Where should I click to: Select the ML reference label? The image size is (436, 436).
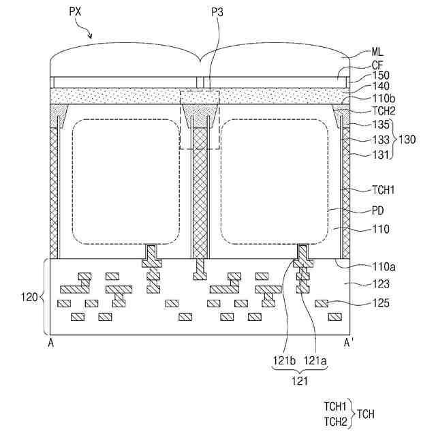pos(377,50)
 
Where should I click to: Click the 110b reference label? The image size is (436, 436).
pos(381,99)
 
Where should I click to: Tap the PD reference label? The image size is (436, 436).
pos(379,213)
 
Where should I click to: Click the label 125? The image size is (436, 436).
pos(380,303)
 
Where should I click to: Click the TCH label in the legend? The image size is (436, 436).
pos(365,414)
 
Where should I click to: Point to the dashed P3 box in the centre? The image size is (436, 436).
pos(200,119)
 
